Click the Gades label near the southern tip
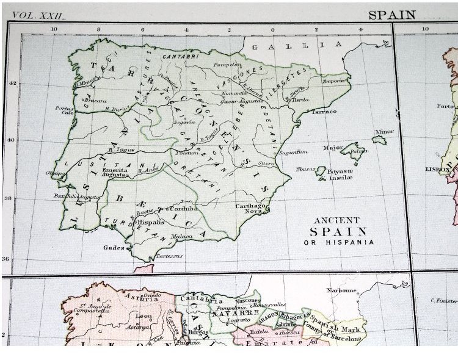(x=114, y=248)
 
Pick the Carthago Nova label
(x=252, y=210)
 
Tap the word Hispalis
(x=153, y=223)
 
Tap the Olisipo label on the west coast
(x=54, y=173)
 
